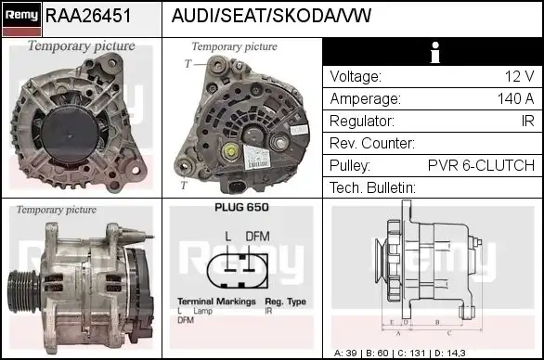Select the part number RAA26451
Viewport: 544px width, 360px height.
87,16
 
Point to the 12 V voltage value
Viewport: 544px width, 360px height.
518,77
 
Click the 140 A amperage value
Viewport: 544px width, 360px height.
515,99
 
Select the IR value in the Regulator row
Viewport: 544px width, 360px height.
526,122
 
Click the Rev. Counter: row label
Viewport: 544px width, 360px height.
372,144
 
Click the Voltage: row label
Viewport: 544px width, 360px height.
356,77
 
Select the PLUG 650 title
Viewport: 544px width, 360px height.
241,208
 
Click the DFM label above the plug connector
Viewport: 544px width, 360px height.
257,236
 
